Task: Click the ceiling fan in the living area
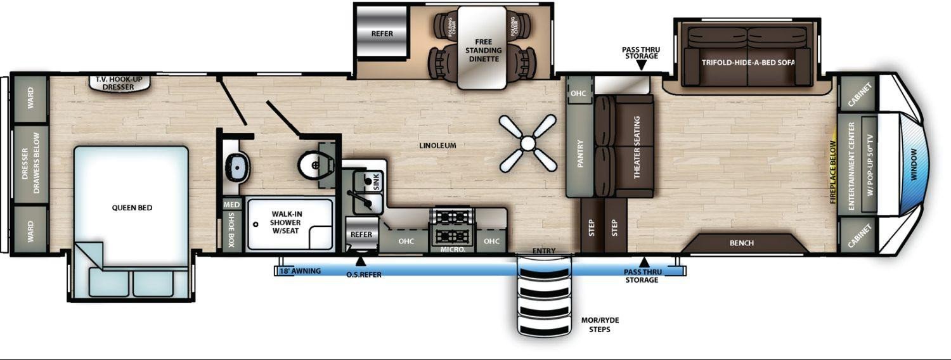[x=527, y=143]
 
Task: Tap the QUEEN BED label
[x=132, y=208]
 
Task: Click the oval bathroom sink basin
[x=238, y=168]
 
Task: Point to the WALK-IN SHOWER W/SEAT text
[x=285, y=222]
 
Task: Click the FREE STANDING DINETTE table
[x=482, y=48]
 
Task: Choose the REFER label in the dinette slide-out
[x=382, y=34]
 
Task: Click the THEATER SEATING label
[x=637, y=147]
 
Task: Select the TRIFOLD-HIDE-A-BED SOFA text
[x=748, y=62]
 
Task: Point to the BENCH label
[x=742, y=243]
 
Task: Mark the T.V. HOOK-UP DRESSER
[x=119, y=83]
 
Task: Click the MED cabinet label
[x=232, y=205]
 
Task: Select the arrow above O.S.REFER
[x=361, y=260]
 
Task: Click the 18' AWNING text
[x=300, y=271]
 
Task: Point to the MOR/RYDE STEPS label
[x=600, y=325]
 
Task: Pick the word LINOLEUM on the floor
[x=437, y=145]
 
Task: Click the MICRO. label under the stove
[x=453, y=250]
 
